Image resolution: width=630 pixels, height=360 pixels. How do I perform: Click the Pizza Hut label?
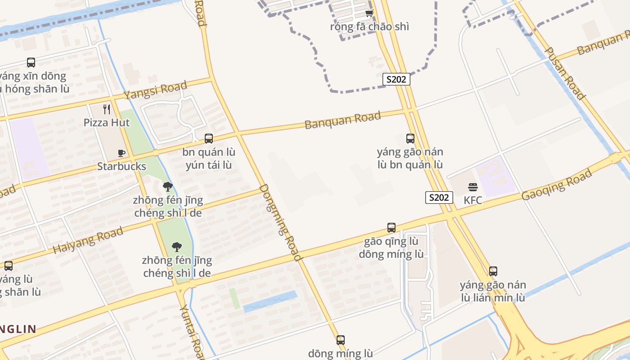tap(106, 122)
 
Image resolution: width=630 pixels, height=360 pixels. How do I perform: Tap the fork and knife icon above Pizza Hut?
tap(107, 109)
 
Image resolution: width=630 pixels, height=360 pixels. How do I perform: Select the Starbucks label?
tap(121, 166)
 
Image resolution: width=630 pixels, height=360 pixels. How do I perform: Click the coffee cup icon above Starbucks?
tap(121, 153)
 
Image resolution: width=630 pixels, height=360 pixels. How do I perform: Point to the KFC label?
tap(473, 200)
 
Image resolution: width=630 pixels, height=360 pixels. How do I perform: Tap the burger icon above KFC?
tap(472, 187)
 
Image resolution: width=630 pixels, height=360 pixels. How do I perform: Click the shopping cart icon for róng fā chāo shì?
tap(369, 13)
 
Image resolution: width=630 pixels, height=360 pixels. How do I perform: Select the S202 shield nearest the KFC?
tap(439, 197)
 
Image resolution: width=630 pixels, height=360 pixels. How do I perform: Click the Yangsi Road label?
tap(155, 91)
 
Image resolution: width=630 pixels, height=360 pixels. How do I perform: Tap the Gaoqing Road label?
tap(557, 185)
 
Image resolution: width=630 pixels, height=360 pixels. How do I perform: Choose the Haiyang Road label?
tap(88, 240)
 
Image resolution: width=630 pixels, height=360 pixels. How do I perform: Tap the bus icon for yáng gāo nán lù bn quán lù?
tap(410, 138)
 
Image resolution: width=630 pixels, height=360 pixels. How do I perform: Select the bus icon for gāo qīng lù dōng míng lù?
tap(391, 228)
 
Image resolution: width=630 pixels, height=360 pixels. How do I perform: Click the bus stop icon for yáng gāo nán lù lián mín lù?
tap(493, 271)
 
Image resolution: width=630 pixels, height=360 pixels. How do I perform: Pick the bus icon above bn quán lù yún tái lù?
tap(209, 139)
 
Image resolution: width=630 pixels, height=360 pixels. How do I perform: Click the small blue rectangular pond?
tap(270, 301)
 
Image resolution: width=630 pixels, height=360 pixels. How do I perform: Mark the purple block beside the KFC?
tap(496, 177)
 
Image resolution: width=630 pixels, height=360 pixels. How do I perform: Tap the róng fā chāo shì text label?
tap(369, 27)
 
